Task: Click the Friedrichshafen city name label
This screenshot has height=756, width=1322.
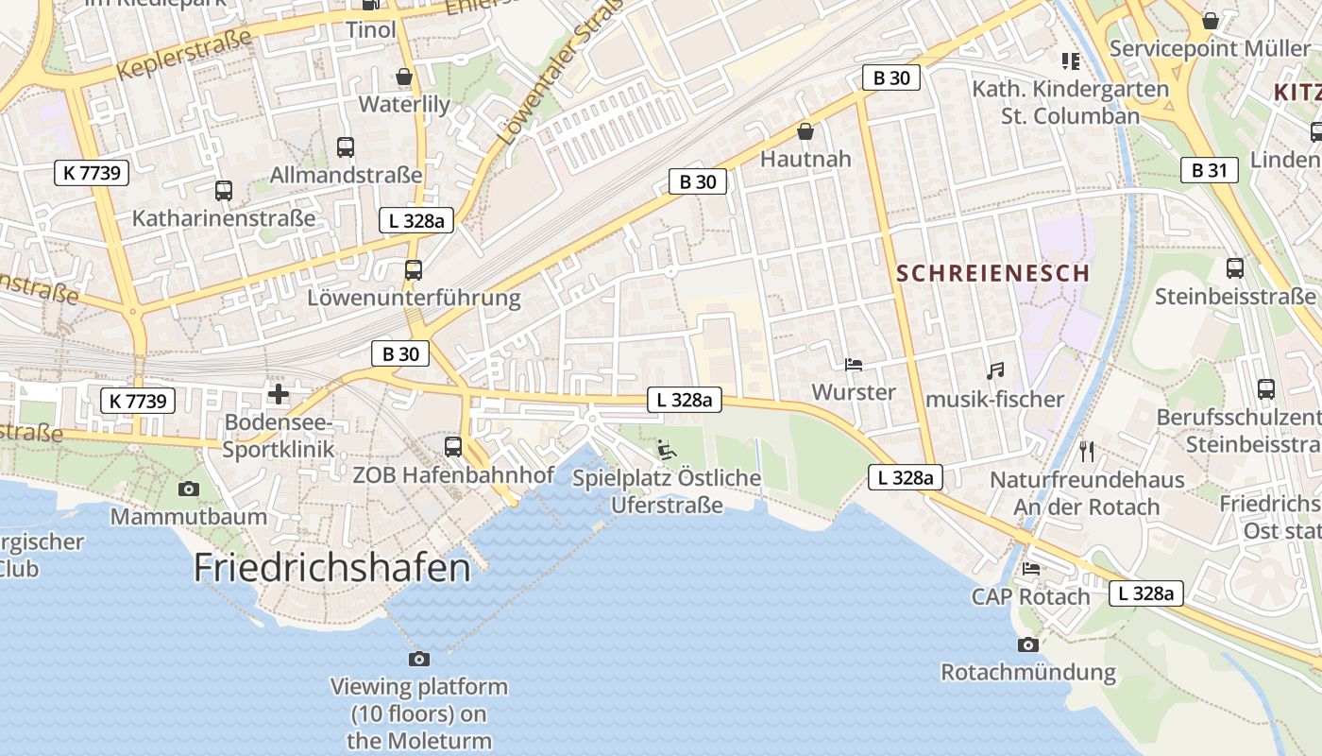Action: point(331,568)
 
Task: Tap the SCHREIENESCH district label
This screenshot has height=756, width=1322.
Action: point(992,274)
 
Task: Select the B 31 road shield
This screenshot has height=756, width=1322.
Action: point(1209,171)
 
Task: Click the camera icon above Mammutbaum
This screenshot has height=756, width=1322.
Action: point(188,489)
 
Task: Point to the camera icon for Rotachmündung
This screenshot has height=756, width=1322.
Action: point(1027,644)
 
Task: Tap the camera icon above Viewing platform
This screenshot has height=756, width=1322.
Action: point(418,658)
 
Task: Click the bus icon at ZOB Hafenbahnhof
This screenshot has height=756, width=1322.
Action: point(453,446)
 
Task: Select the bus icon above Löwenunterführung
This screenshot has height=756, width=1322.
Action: point(413,269)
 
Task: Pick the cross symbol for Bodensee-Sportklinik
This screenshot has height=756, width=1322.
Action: point(279,393)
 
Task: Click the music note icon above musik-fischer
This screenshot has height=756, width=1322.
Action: point(994,371)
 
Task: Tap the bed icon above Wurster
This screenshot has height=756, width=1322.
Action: point(853,364)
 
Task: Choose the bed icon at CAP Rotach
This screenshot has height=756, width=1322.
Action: point(1031,569)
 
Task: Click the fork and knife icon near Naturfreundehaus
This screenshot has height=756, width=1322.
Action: point(1086,451)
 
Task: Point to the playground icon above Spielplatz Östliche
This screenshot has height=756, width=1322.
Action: point(666,450)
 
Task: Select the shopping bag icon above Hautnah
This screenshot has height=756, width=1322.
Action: point(805,130)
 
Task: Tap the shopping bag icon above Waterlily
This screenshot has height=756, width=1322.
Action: point(404,77)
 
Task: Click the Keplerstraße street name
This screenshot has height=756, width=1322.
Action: point(185,55)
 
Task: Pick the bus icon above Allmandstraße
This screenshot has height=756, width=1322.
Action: point(346,146)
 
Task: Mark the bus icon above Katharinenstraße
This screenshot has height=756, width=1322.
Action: point(224,190)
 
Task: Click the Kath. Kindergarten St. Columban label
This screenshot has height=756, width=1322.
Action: point(1071,102)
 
